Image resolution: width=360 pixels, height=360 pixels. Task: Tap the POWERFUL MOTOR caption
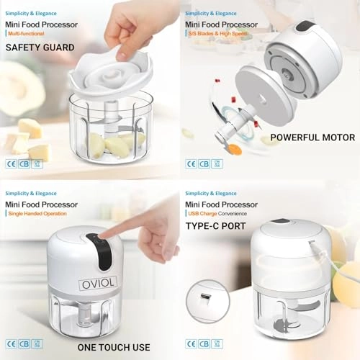tap(312, 137)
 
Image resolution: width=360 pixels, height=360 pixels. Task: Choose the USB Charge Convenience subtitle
tap(220, 214)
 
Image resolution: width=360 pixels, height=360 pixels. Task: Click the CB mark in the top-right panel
tap(204, 163)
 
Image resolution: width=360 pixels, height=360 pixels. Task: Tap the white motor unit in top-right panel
tap(306, 65)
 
